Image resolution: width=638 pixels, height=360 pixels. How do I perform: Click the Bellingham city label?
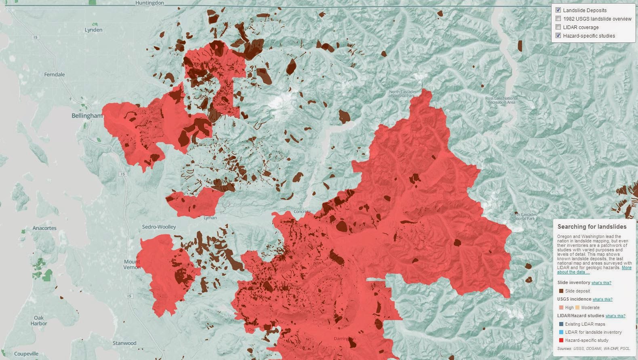87,116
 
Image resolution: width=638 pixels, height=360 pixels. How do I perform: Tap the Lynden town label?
93,30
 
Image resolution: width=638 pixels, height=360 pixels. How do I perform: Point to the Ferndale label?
54,75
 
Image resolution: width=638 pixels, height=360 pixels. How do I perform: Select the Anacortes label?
44,228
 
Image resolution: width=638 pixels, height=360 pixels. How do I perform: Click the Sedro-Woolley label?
159,227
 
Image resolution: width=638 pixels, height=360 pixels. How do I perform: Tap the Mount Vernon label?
132,264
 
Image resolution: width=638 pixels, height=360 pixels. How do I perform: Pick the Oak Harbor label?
39,320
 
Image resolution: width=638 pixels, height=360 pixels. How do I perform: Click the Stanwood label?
124,343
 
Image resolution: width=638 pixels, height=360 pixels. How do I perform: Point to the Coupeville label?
26,354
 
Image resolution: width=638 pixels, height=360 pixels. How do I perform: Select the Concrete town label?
302,212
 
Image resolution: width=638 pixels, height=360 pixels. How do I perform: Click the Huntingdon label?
149,3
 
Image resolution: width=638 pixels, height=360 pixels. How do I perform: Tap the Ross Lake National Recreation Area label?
501,100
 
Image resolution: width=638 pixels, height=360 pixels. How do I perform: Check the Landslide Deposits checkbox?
558,10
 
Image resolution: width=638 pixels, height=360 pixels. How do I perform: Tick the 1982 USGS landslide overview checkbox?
558,19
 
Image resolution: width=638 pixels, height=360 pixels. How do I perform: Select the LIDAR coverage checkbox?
558,27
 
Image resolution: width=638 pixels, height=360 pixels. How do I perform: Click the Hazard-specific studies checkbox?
558,36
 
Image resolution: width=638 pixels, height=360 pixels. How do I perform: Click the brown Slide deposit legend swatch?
561,291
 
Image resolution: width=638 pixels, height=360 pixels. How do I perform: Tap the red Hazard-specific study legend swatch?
561,340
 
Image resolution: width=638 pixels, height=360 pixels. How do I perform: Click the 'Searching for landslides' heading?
592,227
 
